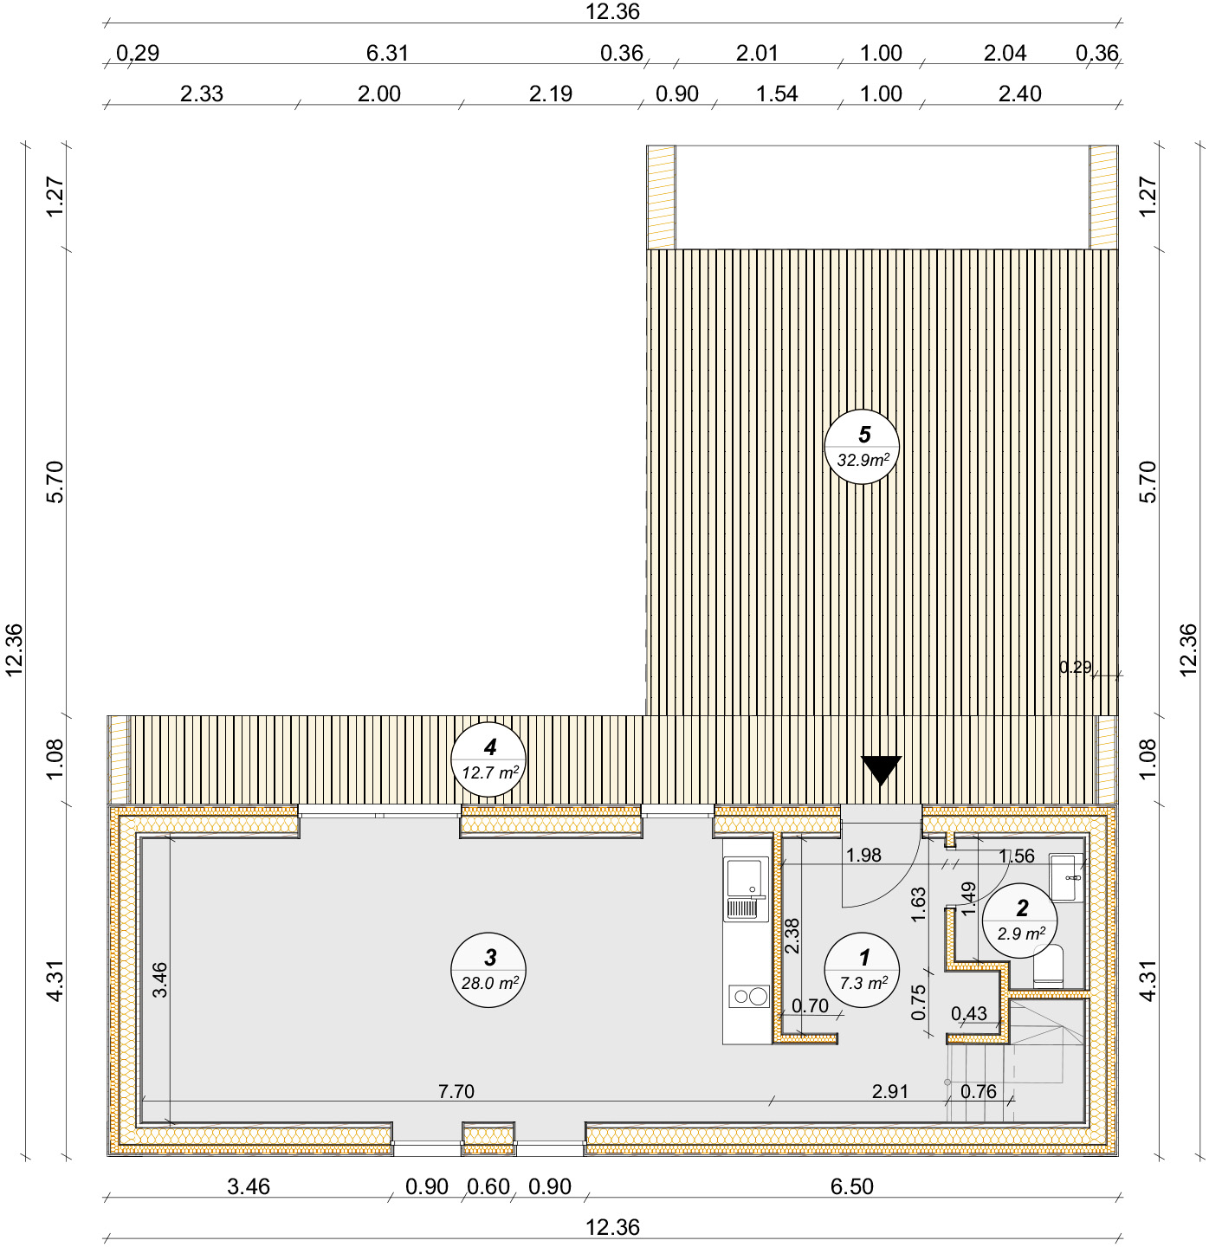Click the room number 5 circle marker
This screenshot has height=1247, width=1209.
(x=862, y=447)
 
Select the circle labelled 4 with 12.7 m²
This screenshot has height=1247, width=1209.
(x=488, y=759)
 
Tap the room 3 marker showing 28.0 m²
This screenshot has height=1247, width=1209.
(x=488, y=970)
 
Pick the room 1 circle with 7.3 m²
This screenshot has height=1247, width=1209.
(x=862, y=970)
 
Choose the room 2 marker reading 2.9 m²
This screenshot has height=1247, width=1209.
(x=1019, y=921)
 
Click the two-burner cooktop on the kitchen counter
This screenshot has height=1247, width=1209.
(x=749, y=996)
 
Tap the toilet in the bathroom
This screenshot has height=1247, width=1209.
(x=1048, y=966)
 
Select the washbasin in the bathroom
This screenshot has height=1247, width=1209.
(x=1066, y=877)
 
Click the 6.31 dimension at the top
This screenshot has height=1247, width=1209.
(x=387, y=53)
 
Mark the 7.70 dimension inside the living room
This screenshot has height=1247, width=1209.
(x=456, y=1090)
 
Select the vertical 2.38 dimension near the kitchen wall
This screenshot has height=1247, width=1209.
(x=792, y=935)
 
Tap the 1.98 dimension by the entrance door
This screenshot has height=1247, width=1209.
(x=863, y=855)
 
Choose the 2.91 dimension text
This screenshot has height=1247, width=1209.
(x=889, y=1090)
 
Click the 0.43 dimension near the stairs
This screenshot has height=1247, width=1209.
(x=969, y=1013)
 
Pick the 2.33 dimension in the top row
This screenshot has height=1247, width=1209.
(x=201, y=94)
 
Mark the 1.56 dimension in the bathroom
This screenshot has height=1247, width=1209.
(x=1016, y=856)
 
